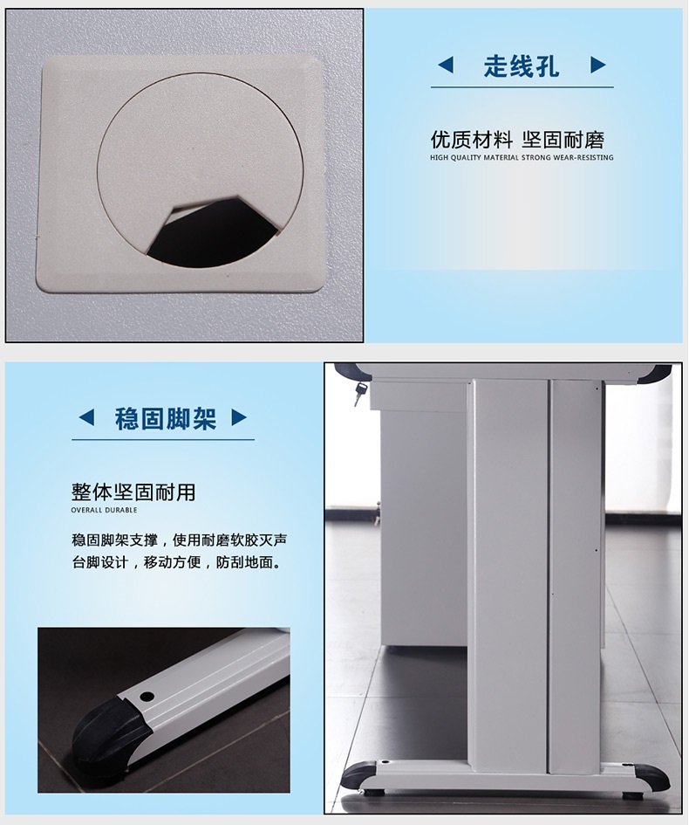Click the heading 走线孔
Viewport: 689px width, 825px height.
[x=522, y=66]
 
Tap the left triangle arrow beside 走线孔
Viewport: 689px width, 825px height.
[x=446, y=65]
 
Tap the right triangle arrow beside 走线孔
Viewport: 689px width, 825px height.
[x=598, y=65]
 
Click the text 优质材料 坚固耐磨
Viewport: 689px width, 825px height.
[x=518, y=140]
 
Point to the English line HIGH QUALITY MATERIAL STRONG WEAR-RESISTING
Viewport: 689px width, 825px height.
[x=522, y=157]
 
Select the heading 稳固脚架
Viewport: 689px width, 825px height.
[x=166, y=419]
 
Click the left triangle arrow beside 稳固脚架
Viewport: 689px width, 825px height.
[x=86, y=418]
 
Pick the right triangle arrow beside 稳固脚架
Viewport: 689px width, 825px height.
[x=239, y=418]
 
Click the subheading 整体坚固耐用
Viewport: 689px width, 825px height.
[x=133, y=492]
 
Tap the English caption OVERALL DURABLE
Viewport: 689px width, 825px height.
[x=104, y=510]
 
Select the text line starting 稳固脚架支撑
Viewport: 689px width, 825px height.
[x=179, y=540]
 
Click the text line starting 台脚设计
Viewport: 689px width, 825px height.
[x=177, y=562]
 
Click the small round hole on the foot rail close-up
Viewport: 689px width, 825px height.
[x=147, y=697]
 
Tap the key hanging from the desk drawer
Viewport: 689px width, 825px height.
[x=359, y=393]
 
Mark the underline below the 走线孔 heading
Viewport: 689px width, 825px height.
[x=522, y=86]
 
